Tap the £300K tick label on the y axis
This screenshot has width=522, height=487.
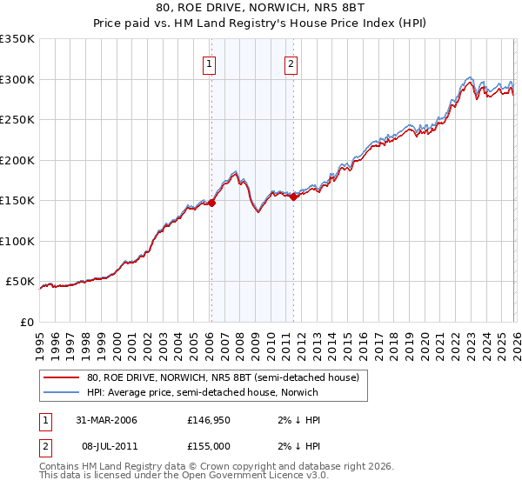pyautogui.click(x=17, y=79)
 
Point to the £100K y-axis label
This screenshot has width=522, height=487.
pyautogui.click(x=17, y=241)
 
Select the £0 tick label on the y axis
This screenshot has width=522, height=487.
pyautogui.click(x=26, y=322)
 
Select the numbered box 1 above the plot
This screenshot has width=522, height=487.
pyautogui.click(x=211, y=63)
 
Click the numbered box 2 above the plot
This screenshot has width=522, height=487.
pyautogui.click(x=291, y=63)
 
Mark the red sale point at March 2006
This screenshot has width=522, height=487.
pyautogui.click(x=211, y=203)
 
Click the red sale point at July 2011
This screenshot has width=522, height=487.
pyautogui.click(x=293, y=197)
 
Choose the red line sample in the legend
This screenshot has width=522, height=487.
pyautogui.click(x=63, y=377)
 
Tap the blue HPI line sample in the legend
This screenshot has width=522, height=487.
pyautogui.click(x=63, y=392)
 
